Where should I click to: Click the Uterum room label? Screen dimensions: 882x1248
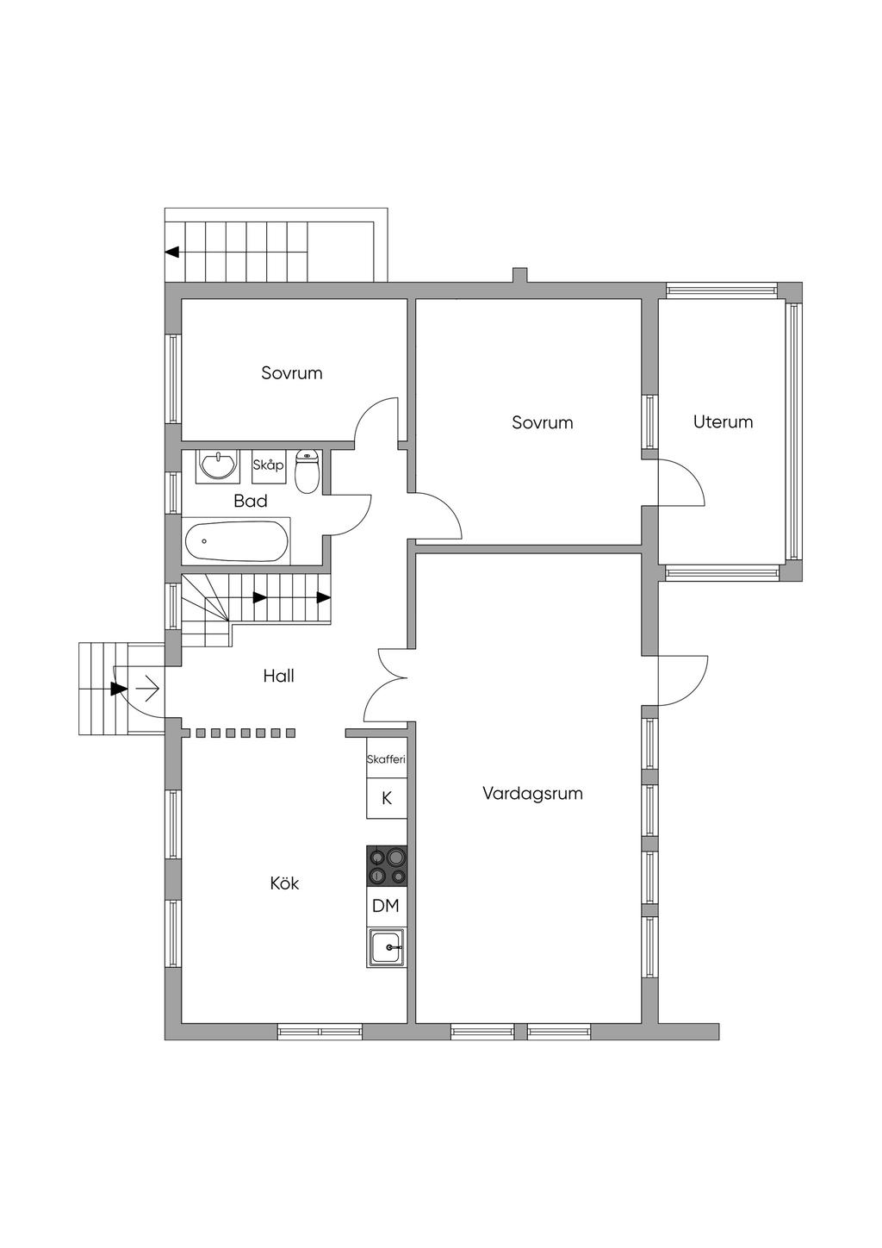723,421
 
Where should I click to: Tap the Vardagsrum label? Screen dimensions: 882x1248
532,793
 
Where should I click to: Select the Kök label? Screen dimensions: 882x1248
284,883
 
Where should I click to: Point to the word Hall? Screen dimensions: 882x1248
278,676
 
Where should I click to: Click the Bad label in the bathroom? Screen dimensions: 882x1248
251,501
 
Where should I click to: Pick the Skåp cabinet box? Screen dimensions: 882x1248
268,466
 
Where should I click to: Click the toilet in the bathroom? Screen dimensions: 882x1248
306,471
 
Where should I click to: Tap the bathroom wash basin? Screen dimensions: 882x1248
218,465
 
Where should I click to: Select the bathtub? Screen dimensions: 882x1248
236,541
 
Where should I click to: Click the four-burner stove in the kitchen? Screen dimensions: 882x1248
387,866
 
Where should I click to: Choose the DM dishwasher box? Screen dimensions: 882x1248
387,906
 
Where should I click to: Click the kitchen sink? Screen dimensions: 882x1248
387,947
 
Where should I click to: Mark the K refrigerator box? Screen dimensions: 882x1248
387,798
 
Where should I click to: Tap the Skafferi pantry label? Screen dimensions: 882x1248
386,758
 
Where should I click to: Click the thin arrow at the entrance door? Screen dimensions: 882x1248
148,690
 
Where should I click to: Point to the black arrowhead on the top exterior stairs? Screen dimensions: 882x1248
172,252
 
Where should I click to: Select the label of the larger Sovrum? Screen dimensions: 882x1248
543,422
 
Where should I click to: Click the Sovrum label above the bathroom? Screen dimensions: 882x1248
292,372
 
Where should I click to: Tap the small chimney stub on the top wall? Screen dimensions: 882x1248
519,275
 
